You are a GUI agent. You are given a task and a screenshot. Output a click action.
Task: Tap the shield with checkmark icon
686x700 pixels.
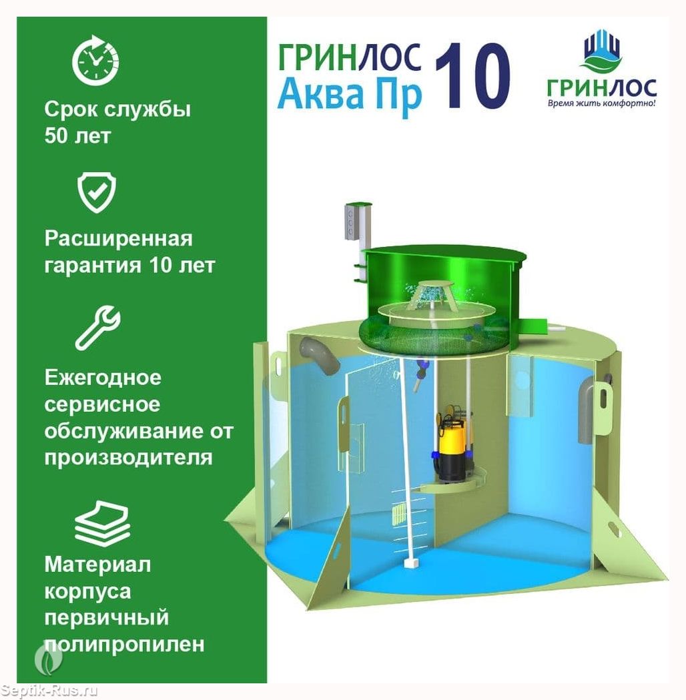(x=97, y=192)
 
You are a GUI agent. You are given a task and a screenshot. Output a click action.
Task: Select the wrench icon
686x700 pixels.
(x=97, y=327)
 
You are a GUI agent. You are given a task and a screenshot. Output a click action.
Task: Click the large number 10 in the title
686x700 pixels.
(x=472, y=76)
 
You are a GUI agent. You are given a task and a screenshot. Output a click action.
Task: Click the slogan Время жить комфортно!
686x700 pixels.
(x=601, y=103)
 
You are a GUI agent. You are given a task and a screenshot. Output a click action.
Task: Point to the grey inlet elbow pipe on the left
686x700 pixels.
(x=320, y=354)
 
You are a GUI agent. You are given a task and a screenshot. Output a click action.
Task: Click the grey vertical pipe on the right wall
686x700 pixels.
(x=588, y=410)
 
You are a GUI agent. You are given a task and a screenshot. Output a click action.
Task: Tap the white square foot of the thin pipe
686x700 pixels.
(x=411, y=563)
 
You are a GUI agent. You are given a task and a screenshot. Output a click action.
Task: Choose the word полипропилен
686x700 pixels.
(x=125, y=645)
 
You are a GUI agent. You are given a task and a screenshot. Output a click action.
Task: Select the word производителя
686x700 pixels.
(x=128, y=458)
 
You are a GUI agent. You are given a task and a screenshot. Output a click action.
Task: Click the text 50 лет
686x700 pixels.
(x=77, y=135)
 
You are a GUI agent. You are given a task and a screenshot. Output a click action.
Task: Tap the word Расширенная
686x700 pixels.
(x=118, y=240)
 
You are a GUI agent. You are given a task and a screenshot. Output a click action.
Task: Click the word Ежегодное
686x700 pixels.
(x=103, y=378)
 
